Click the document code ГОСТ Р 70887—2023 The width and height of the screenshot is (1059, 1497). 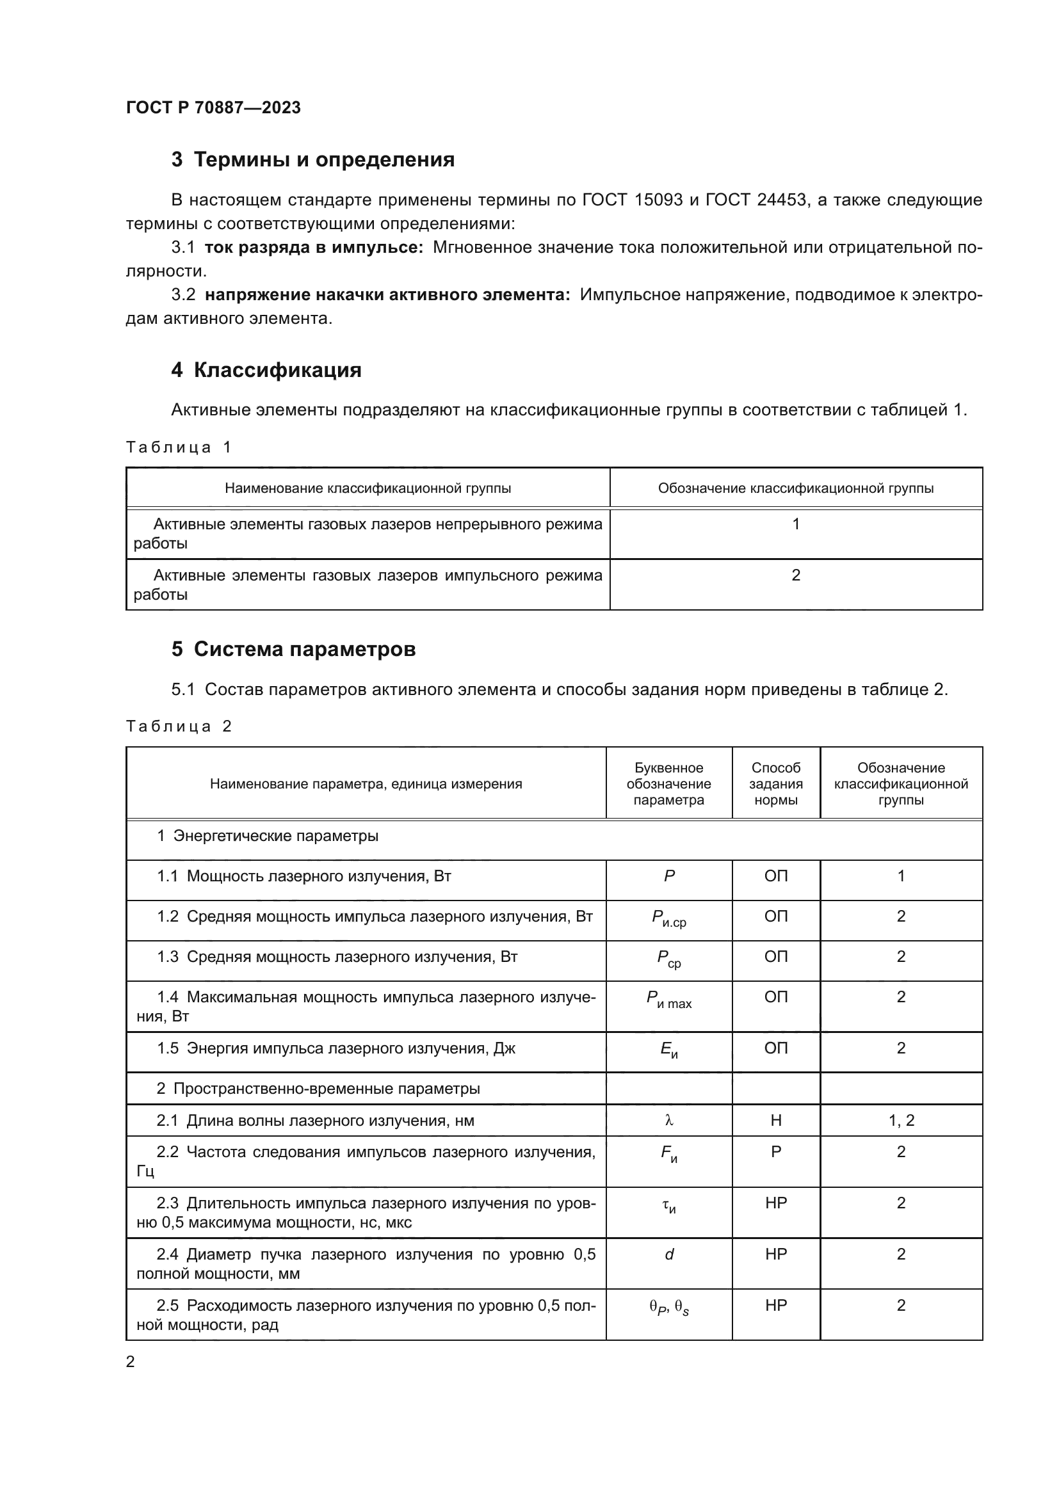tap(213, 108)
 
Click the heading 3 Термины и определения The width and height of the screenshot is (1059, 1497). tap(313, 160)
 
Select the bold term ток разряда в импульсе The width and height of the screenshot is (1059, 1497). tap(314, 248)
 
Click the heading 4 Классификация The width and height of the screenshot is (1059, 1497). tap(266, 371)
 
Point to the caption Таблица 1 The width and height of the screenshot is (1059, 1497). tap(179, 447)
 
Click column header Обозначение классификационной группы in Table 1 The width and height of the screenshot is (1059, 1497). tap(796, 488)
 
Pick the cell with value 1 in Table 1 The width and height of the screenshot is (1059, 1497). tap(796, 524)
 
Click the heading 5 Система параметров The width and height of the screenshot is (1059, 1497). tap(293, 650)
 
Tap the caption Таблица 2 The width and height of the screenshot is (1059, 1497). tap(179, 726)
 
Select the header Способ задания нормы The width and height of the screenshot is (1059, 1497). tap(775, 784)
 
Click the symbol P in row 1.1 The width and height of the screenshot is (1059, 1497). tap(669, 876)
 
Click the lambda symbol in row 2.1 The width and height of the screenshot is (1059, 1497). tap(669, 1120)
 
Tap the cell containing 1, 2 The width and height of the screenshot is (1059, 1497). tap(901, 1120)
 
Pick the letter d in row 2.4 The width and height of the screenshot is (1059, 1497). tap(669, 1254)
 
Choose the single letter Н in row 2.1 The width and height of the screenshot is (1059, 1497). tap(775, 1120)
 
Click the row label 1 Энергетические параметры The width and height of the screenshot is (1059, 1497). tap(268, 836)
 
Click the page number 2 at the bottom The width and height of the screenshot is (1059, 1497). tap(131, 1362)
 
